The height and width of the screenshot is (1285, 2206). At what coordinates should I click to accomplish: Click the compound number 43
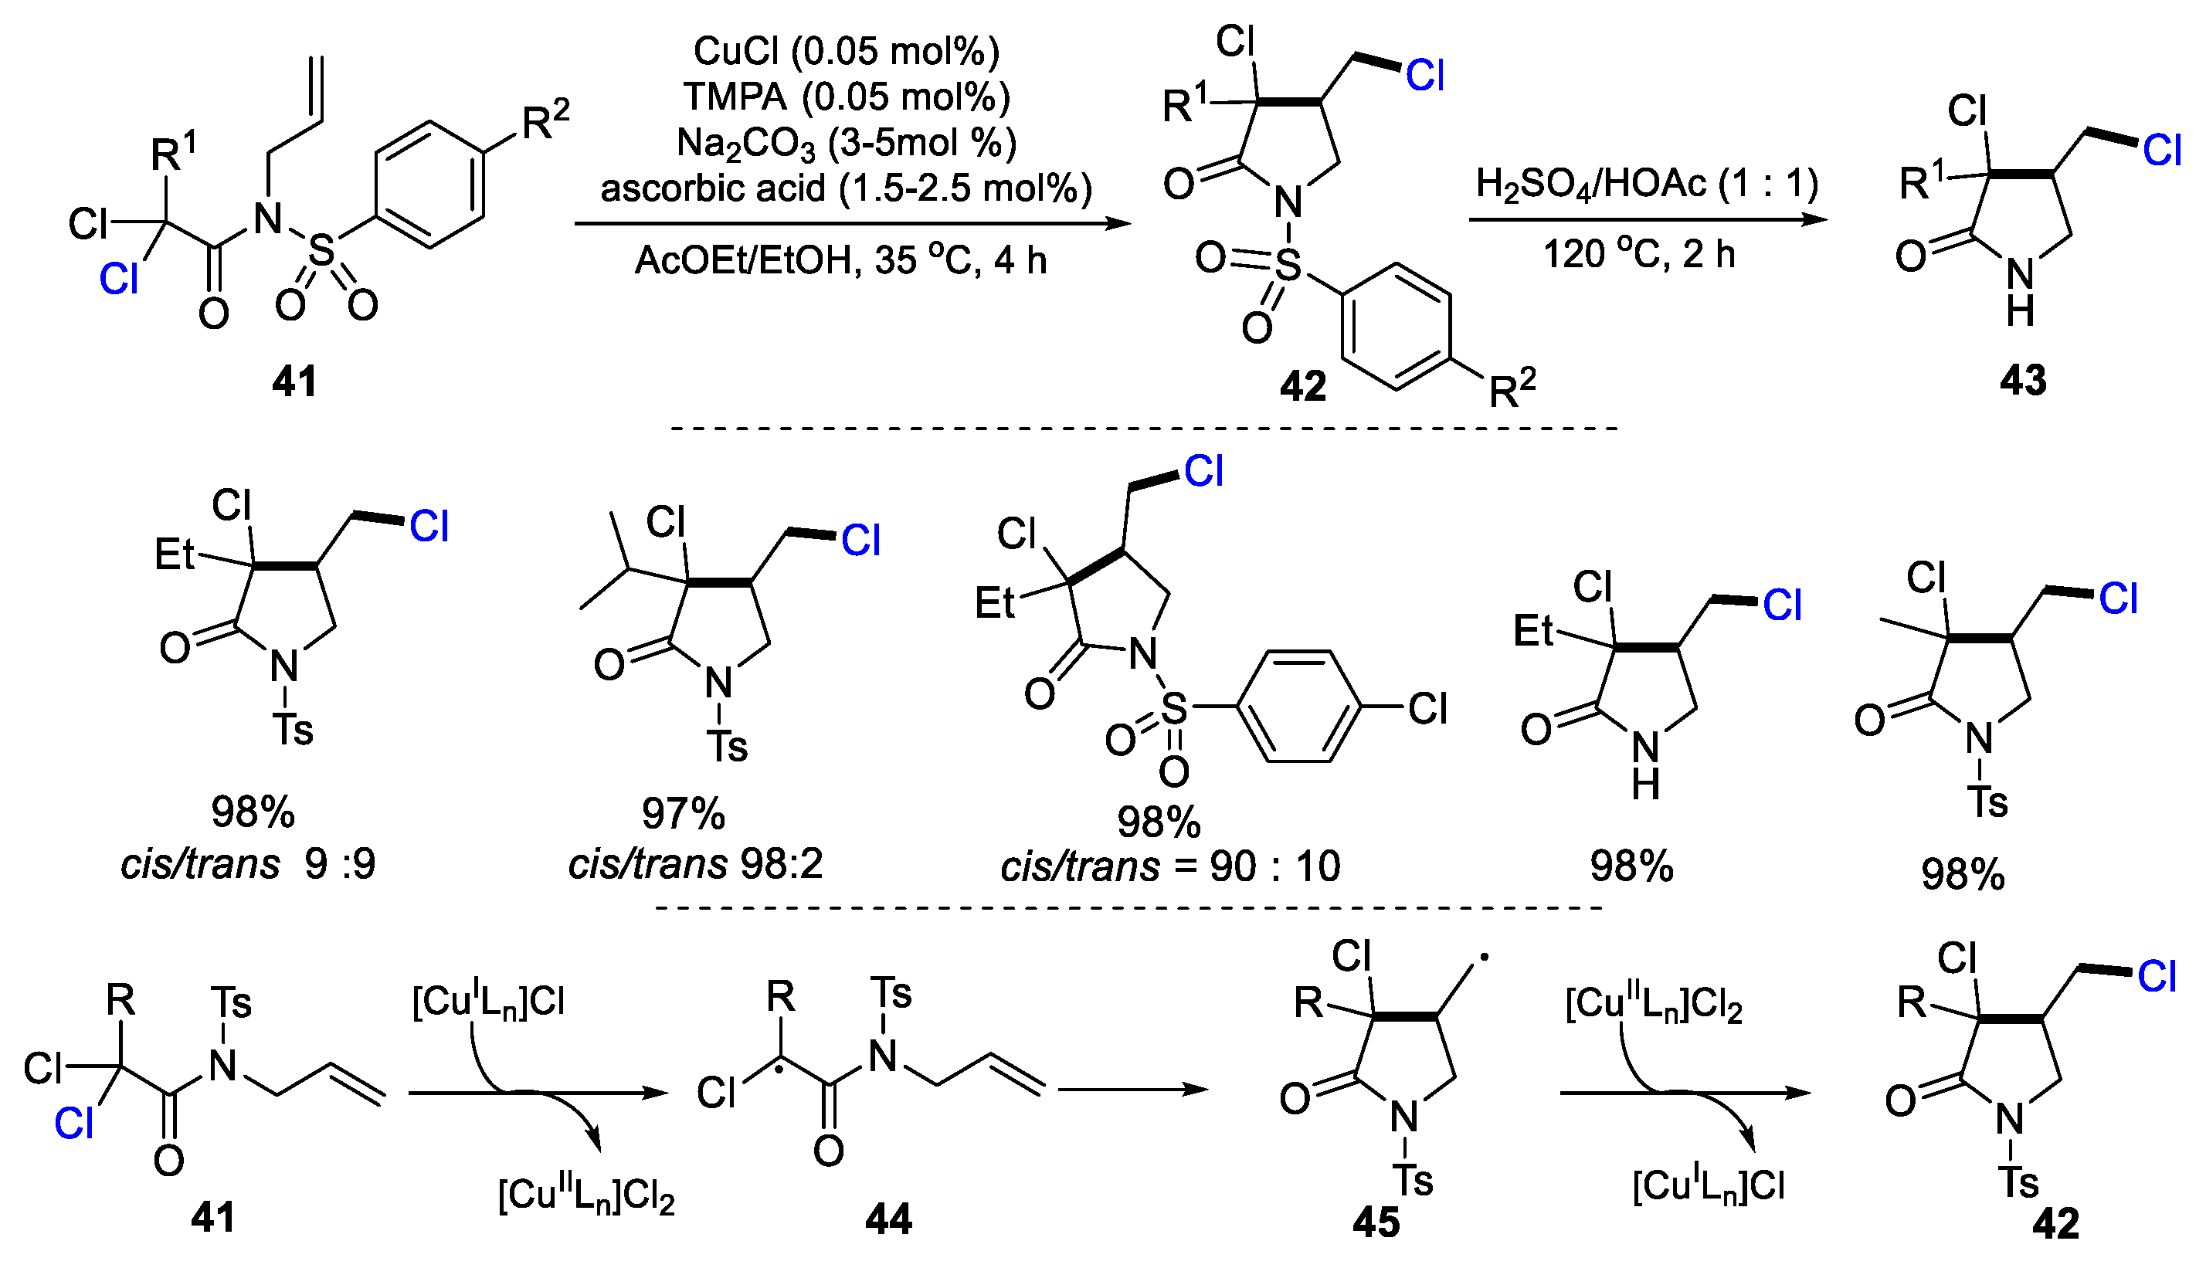(x=2022, y=380)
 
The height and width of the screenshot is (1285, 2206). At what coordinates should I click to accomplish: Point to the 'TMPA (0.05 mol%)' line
(x=846, y=97)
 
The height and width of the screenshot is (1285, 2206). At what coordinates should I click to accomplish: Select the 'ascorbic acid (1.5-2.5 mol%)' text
(x=846, y=188)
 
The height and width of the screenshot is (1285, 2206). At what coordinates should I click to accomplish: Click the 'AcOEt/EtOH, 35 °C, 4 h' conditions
(x=840, y=260)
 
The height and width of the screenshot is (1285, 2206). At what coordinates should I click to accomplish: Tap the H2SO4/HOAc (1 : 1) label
(x=1647, y=184)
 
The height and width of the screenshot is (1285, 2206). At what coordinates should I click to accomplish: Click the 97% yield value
(x=683, y=813)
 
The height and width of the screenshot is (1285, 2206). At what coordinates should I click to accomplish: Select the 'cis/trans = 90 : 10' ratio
(x=1169, y=866)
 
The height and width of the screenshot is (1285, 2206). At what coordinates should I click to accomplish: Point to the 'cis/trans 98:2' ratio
(x=695, y=865)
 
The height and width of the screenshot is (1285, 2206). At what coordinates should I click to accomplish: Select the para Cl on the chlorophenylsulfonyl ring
(x=1427, y=708)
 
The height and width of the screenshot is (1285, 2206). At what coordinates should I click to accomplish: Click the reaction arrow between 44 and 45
(x=1133, y=1090)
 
